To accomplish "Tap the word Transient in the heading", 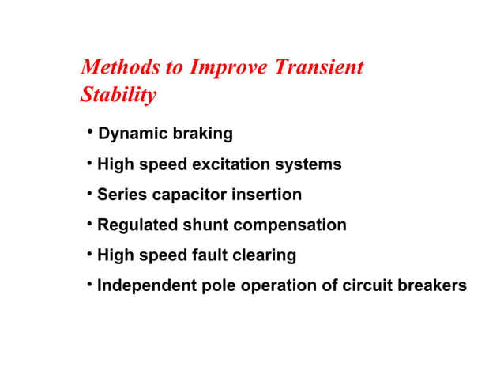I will click(x=318, y=67).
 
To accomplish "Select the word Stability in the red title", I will click(x=118, y=96).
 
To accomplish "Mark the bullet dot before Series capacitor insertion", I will click(x=91, y=192).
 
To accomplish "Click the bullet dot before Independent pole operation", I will click(x=91, y=283).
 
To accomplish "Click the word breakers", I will click(x=431, y=285).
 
